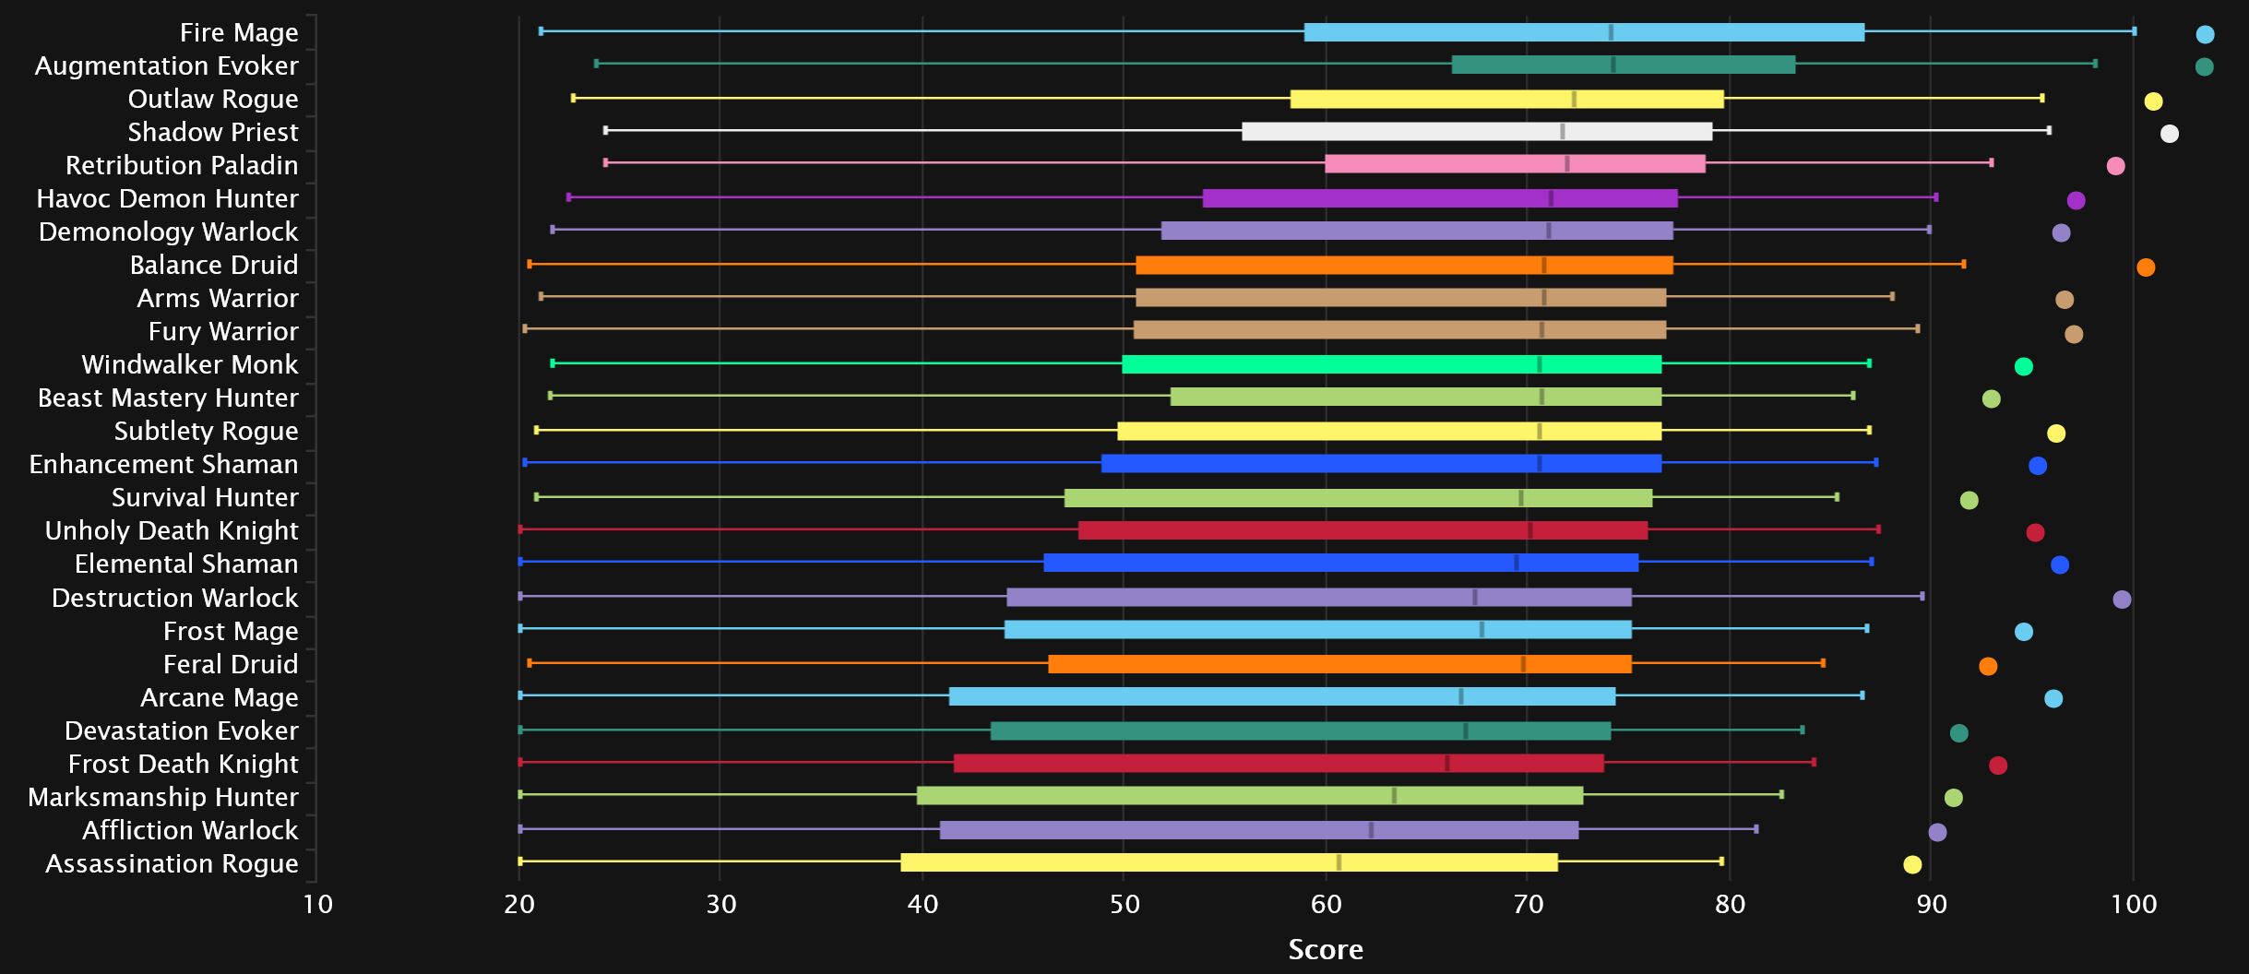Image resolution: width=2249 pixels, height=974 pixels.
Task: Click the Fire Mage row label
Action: click(239, 32)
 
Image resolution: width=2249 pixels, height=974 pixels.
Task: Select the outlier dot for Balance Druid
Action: click(2146, 267)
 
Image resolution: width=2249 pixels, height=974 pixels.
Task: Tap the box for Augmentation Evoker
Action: click(1624, 65)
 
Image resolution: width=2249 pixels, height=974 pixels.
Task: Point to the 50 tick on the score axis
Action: click(1124, 904)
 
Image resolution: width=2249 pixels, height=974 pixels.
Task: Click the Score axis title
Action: click(1326, 949)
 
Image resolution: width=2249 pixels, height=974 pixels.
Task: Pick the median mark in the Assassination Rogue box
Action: click(1339, 862)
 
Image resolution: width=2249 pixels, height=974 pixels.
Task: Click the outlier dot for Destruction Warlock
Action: click(2122, 600)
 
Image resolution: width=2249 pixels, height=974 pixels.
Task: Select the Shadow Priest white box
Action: click(1476, 131)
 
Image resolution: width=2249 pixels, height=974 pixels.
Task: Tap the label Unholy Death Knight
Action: click(172, 530)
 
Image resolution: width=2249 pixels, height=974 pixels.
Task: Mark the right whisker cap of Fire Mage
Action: click(2134, 31)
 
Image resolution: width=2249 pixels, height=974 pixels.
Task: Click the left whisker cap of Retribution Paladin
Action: click(605, 162)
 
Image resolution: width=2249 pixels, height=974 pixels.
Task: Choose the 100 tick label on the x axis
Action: click(2134, 904)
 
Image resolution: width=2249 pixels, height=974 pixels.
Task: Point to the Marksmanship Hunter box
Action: click(1250, 796)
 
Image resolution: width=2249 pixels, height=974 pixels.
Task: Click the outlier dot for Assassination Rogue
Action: click(1912, 864)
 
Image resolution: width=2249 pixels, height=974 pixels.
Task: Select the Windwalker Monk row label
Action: click(190, 364)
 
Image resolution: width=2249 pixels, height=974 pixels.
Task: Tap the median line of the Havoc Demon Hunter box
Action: click(1551, 197)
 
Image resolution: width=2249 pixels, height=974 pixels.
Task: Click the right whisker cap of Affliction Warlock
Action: click(1755, 829)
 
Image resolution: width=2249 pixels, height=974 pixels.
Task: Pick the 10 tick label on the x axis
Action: click(317, 904)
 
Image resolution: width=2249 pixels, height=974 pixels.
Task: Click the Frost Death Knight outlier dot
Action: click(1998, 766)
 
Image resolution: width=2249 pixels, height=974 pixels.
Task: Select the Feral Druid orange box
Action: click(1339, 664)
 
